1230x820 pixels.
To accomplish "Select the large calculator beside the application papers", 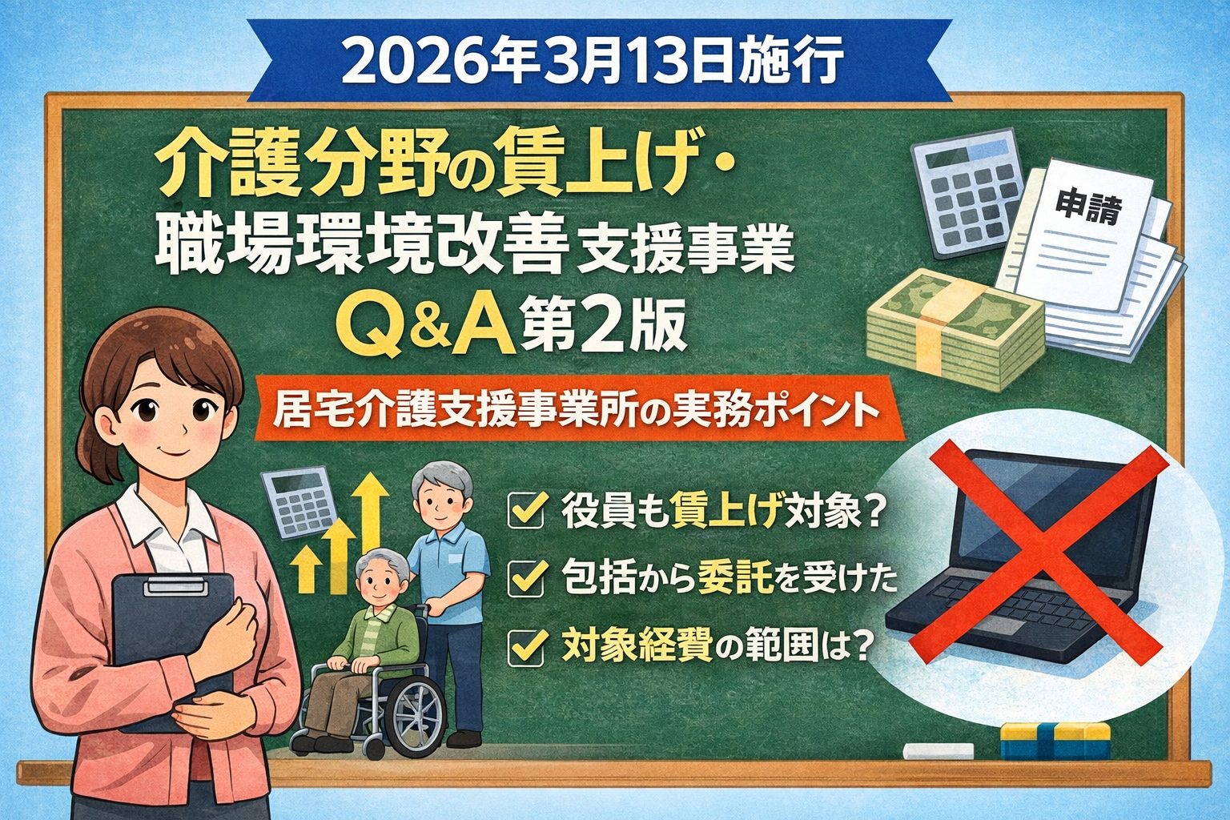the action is click(969, 193).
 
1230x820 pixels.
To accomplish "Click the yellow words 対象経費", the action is click(637, 647).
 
